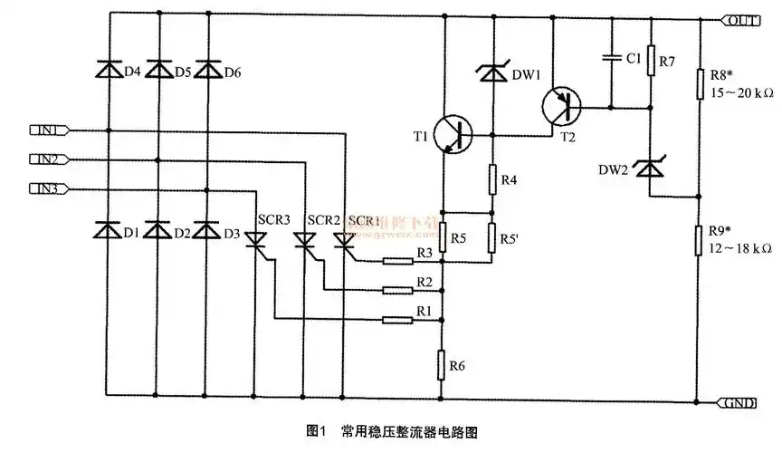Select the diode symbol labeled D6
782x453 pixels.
207,70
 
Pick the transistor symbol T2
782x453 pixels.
561,107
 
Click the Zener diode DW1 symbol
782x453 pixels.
493,72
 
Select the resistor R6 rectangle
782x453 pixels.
443,364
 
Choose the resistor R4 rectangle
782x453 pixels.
493,178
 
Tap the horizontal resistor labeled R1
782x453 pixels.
397,319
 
